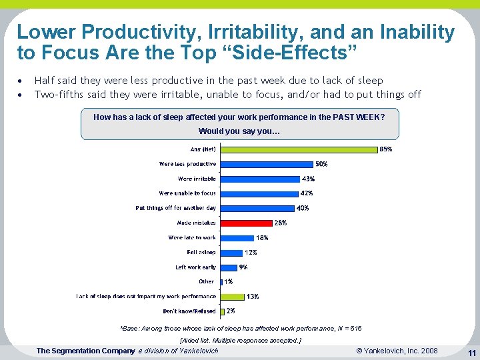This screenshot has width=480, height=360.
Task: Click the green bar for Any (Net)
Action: (299, 149)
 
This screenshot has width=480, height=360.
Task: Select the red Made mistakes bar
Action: (246, 223)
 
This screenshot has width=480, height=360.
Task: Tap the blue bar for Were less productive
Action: (267, 164)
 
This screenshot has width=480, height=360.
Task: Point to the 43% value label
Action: (308, 179)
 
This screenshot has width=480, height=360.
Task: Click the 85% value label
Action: (385, 149)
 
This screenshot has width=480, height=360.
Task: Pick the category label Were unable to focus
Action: (187, 193)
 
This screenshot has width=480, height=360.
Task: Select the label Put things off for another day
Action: (176, 208)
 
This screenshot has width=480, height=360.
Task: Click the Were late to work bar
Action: (237, 237)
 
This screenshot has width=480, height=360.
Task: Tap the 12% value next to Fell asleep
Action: (251, 252)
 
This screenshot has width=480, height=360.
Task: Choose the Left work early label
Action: (196, 267)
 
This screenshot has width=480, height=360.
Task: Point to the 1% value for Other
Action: (229, 281)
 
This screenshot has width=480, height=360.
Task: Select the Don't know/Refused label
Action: (189, 311)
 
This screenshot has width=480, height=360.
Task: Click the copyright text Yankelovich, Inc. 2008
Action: (397, 351)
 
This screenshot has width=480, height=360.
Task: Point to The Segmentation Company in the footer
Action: (85, 351)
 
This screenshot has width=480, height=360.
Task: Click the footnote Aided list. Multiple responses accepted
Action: (241, 340)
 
